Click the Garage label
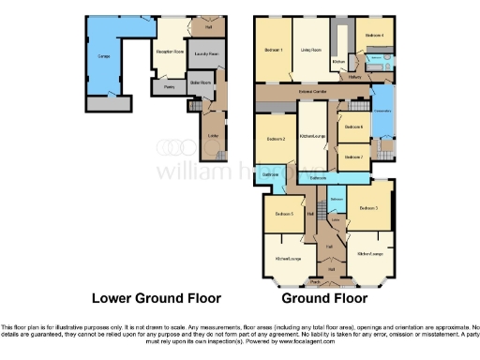click(106, 55)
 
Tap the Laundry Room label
click(205, 55)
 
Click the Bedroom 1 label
click(274, 49)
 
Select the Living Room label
click(311, 49)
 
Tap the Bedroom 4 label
click(374, 36)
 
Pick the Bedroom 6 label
click(353, 127)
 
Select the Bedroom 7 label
click(353, 157)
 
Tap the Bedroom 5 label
click(284, 215)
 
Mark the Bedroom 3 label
click(369, 210)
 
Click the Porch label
click(316, 280)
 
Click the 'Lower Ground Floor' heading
click(156, 299)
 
